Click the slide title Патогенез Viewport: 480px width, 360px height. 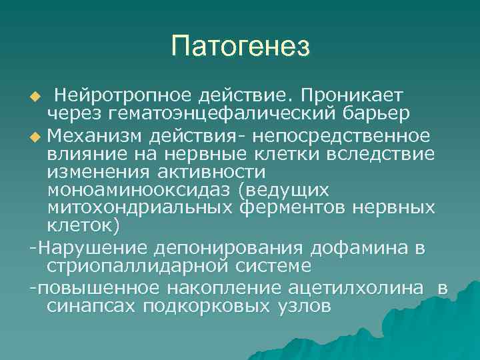240,47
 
